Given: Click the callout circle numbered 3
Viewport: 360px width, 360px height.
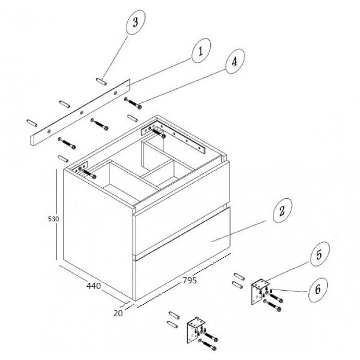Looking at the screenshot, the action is click(136, 22).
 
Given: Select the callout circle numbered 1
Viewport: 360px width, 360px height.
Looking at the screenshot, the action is click(201, 51).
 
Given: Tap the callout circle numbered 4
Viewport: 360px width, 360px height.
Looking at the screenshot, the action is click(235, 61).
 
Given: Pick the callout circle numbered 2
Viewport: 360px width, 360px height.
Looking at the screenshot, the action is click(282, 210).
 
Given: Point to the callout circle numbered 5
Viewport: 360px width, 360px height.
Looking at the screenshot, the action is click(320, 254).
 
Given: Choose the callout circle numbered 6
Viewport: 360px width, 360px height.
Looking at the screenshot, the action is click(318, 290).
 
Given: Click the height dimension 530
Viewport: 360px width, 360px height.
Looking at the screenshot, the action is click(53, 219).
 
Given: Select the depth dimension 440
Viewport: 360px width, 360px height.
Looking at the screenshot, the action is click(93, 286).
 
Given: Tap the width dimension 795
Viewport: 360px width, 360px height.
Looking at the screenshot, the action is click(189, 280).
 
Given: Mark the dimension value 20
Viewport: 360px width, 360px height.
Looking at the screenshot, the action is click(118, 313).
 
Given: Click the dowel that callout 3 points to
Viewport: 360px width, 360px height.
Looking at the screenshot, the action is click(101, 81).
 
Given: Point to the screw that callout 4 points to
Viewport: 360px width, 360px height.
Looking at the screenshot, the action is click(133, 103).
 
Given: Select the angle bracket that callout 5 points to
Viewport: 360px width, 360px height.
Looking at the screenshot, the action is click(260, 292).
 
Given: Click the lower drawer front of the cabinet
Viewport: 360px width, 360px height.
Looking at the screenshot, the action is click(183, 254).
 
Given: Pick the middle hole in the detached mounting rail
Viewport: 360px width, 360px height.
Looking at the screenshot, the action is click(82, 113).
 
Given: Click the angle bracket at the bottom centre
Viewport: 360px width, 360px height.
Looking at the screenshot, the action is click(196, 330).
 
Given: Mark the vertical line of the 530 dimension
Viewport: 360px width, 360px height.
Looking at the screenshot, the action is click(56, 214).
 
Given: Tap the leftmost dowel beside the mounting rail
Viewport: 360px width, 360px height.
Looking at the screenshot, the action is click(32, 123).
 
